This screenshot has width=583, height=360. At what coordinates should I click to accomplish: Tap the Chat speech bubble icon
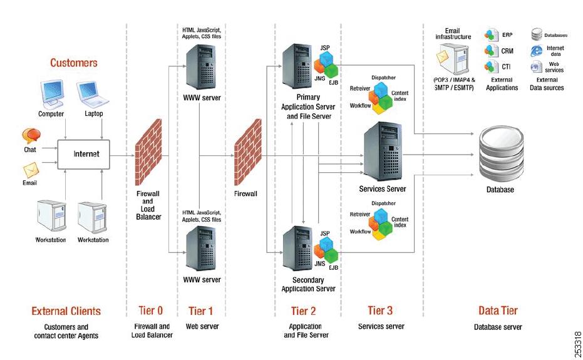31,136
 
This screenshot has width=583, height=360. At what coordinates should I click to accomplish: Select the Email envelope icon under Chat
31,170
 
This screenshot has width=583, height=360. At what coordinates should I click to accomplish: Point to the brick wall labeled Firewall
247,155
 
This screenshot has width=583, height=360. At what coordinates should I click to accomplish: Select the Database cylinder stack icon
500,153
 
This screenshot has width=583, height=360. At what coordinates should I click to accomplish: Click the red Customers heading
74,63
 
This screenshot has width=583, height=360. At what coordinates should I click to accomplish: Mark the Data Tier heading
498,311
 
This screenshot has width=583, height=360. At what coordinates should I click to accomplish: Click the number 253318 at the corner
576,344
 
